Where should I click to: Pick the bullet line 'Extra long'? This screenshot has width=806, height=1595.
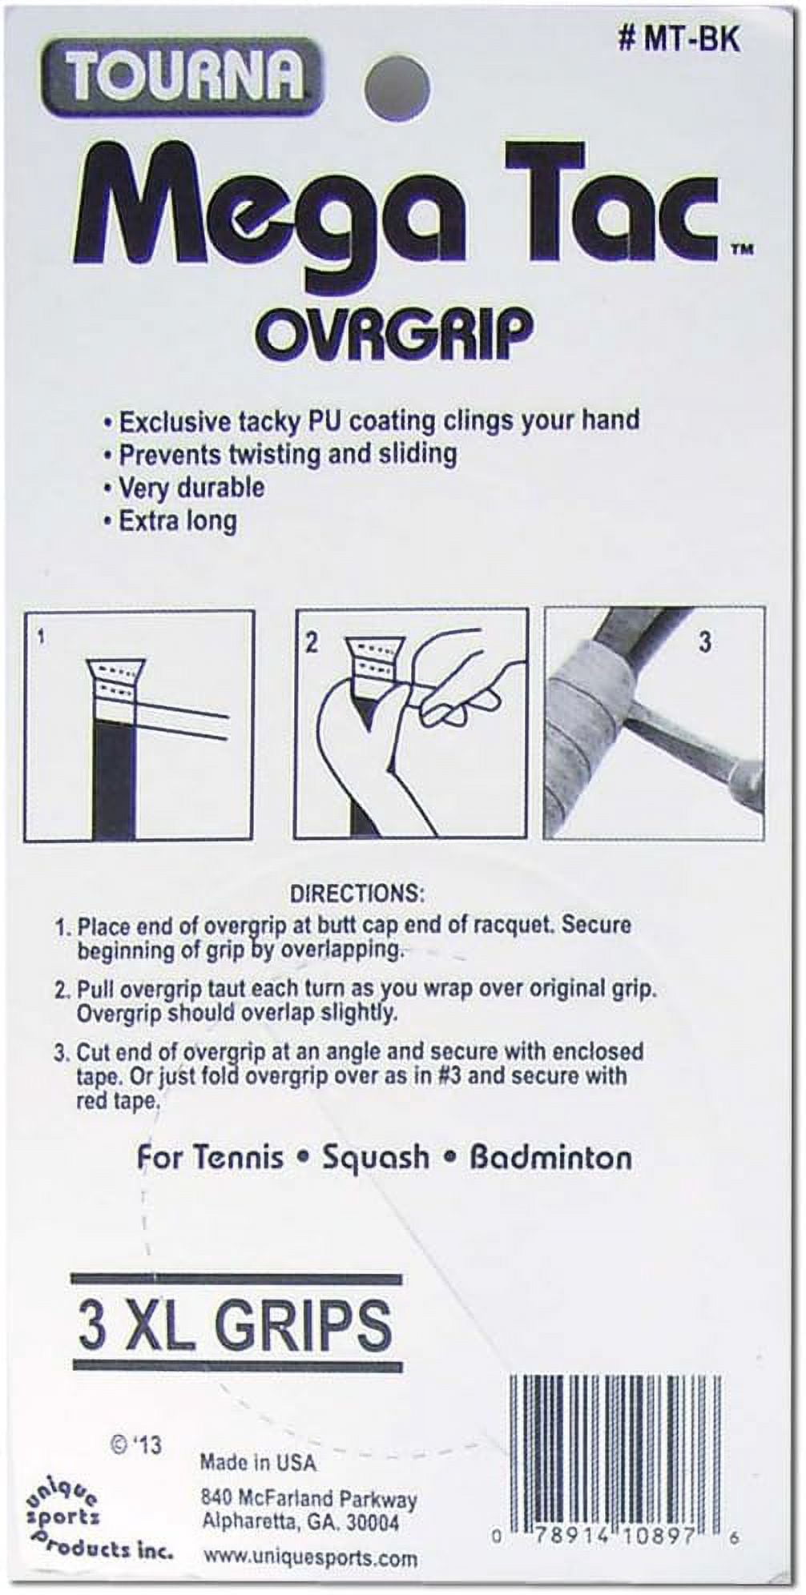tap(171, 521)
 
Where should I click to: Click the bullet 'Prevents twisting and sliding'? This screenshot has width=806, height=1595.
tap(280, 454)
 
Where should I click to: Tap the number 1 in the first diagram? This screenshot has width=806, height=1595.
tap(41, 638)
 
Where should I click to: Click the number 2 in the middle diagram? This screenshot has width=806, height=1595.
tap(312, 641)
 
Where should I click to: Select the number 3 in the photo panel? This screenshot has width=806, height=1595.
tap(704, 641)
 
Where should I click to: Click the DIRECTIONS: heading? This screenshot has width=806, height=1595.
tap(357, 893)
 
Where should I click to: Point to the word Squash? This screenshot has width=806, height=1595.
tap(376, 1158)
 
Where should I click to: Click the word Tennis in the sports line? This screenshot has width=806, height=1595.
tap(210, 1158)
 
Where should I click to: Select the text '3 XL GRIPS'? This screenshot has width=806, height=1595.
tap(235, 1325)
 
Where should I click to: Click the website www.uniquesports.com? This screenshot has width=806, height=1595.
tap(310, 1557)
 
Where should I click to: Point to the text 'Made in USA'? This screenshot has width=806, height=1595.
tap(258, 1463)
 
